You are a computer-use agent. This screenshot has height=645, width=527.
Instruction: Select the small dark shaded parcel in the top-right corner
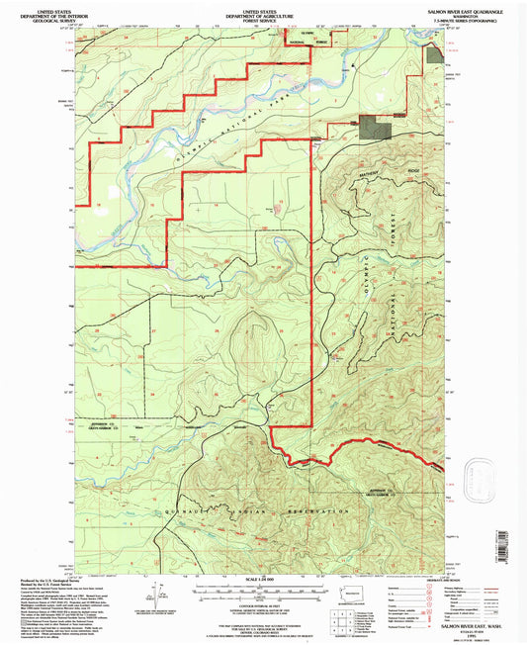435,51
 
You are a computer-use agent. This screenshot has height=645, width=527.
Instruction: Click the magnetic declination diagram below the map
156,594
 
